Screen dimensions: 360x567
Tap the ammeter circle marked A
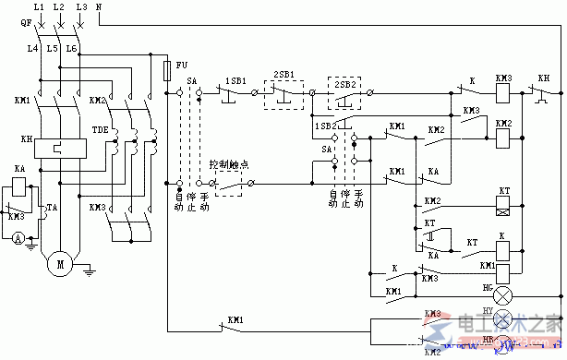[18, 239]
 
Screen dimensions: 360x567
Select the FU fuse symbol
[166, 70]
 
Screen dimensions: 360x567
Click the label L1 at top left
[38, 7]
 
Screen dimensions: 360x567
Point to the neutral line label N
[99, 7]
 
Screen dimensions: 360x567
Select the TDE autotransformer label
[99, 132]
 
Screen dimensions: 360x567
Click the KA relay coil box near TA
[19, 188]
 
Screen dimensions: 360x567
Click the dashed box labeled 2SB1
[284, 92]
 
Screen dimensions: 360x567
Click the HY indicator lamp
[503, 319]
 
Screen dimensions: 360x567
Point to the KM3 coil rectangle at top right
[503, 93]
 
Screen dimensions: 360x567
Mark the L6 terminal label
[71, 47]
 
